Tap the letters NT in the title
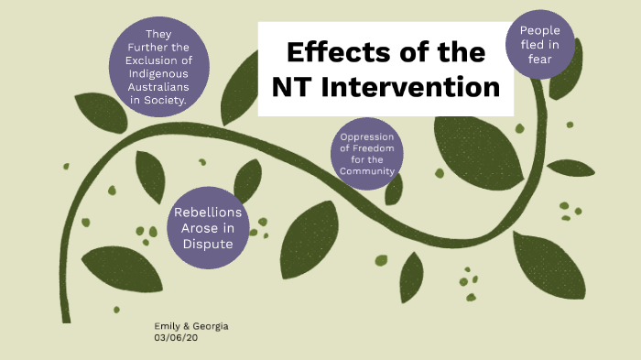click(x=295, y=88)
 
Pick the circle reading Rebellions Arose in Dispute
click(x=208, y=229)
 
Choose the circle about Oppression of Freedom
click(x=366, y=154)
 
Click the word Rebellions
click(x=208, y=213)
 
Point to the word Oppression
click(x=366, y=139)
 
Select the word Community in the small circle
click(x=366, y=171)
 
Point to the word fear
click(x=539, y=60)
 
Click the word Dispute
click(x=208, y=245)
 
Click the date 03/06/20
click(x=176, y=337)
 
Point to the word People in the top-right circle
click(x=539, y=30)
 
